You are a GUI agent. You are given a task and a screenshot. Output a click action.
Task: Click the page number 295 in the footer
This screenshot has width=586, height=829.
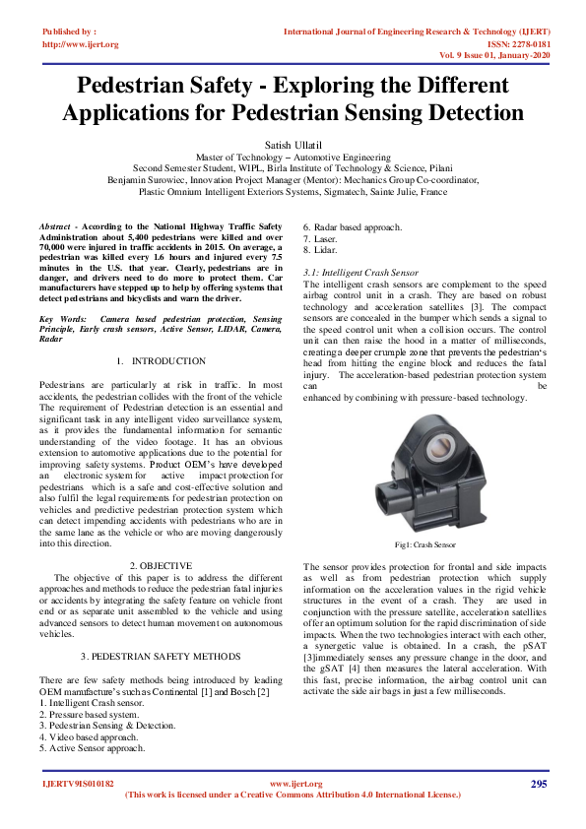[538, 784]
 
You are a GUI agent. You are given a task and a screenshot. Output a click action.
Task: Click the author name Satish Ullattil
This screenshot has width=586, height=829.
[293, 144]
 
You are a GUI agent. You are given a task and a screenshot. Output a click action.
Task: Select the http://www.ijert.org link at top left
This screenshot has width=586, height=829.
[81, 44]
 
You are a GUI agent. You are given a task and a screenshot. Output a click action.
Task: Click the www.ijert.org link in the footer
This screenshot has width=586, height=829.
[292, 784]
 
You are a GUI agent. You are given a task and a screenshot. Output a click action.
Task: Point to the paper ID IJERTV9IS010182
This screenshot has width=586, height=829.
[78, 784]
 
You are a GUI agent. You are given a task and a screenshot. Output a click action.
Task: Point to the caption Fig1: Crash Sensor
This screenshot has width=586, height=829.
[424, 543]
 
